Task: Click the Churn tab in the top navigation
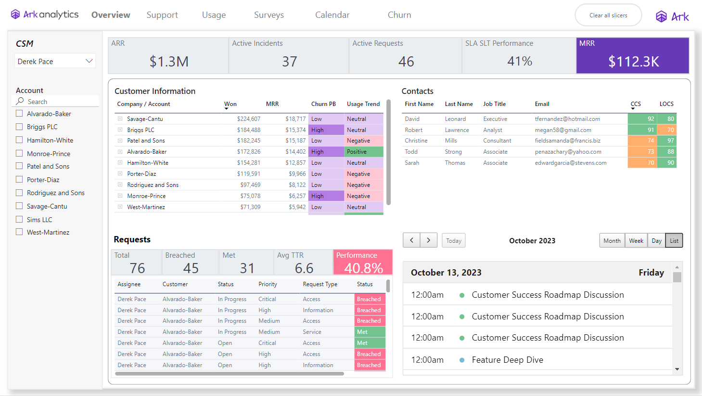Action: click(399, 15)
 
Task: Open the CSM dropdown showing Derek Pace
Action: click(55, 61)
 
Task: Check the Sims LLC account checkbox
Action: click(19, 219)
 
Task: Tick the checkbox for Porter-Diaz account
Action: click(19, 179)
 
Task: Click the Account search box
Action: click(58, 102)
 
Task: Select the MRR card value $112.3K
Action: click(633, 61)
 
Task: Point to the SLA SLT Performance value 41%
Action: click(520, 61)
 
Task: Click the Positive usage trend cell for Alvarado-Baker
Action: click(363, 152)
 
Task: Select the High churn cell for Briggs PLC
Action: click(326, 130)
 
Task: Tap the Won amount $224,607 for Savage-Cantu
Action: click(248, 119)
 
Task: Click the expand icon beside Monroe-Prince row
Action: click(120, 196)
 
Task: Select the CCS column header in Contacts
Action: click(636, 104)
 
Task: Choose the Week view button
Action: click(636, 240)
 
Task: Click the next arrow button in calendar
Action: click(428, 240)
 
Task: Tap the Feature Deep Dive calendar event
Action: click(507, 360)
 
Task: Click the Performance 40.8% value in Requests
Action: click(363, 268)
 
